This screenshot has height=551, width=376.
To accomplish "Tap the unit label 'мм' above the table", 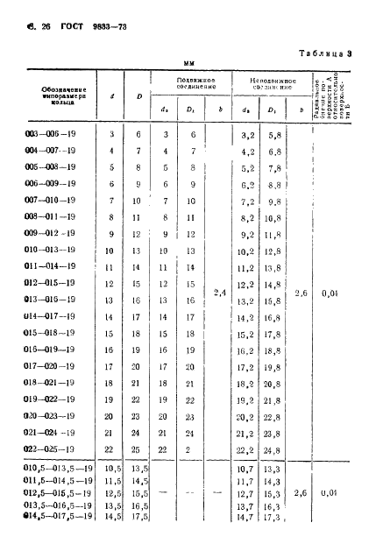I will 188,63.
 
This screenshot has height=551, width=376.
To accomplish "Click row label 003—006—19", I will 51,133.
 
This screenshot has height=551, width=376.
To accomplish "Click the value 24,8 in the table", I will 273,450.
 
